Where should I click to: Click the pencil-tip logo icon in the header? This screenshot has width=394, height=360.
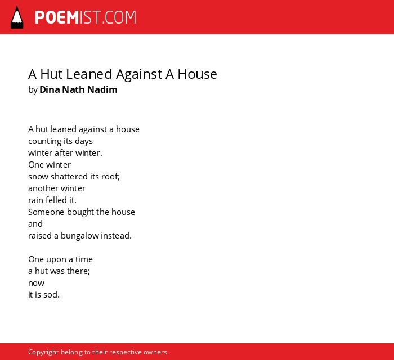(17, 17)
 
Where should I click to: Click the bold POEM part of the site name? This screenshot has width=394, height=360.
(57, 17)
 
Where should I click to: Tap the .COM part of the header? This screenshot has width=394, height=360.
(119, 17)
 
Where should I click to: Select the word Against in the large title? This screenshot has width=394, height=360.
(139, 75)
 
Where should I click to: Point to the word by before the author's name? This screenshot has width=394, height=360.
(33, 90)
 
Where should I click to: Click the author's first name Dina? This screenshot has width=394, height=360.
(50, 89)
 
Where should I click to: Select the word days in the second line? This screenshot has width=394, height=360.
(84, 141)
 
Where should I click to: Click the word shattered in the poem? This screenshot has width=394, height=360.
(69, 177)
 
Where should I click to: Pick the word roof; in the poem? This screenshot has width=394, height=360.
(110, 177)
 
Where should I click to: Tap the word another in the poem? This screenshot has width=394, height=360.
(43, 188)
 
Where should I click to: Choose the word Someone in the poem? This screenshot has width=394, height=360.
(46, 212)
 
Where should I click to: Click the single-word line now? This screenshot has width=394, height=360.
(36, 283)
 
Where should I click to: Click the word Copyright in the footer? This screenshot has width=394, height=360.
(43, 352)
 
